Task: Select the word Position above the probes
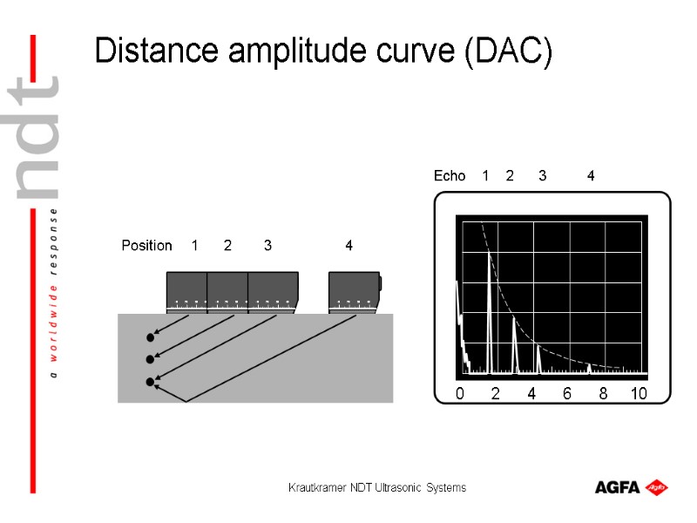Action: [146, 246]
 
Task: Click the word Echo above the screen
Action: [450, 176]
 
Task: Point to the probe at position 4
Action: [354, 292]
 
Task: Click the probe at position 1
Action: [186, 292]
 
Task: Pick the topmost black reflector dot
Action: [151, 336]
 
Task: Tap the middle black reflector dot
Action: [151, 359]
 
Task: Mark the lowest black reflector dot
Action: [151, 382]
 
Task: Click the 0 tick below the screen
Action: [460, 394]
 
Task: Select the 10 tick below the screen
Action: [639, 394]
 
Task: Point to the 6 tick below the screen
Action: [567, 394]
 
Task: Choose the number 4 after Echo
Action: [591, 176]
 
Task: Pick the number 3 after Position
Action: [267, 246]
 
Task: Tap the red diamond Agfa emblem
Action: [657, 486]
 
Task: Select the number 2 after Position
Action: [227, 246]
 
